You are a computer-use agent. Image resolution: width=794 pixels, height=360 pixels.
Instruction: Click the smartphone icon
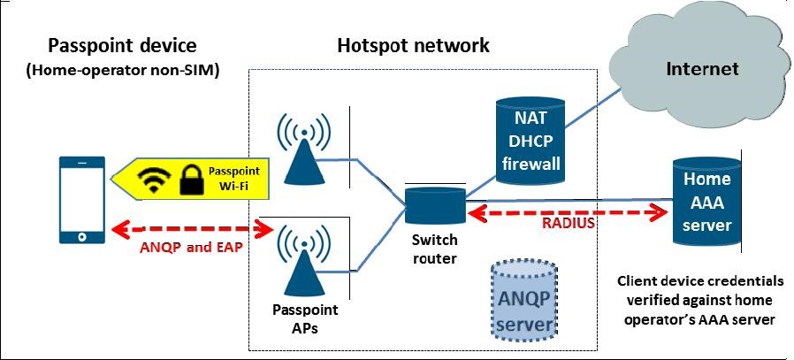81,200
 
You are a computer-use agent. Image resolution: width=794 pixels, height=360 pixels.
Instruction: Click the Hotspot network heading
413,45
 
